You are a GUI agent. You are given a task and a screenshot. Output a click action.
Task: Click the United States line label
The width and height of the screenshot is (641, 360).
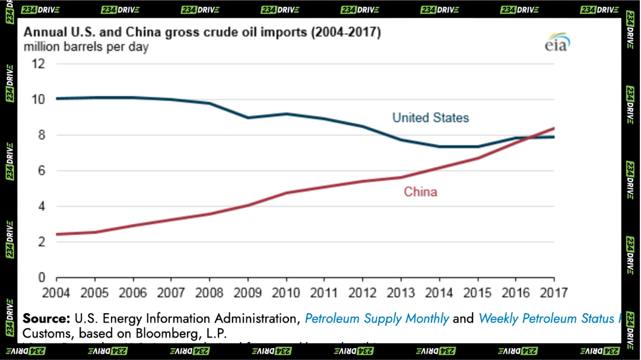point(430,117)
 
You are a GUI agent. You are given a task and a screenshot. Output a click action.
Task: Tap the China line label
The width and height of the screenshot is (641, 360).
point(420,192)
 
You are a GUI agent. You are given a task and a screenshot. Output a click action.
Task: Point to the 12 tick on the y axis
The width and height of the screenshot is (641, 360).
point(38,63)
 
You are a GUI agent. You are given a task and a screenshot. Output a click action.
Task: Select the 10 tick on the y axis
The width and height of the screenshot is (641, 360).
point(38,99)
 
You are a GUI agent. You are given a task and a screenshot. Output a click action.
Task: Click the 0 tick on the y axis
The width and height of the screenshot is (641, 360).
point(42,278)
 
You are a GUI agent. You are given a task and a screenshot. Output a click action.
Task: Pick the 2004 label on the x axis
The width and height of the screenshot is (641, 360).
point(56,292)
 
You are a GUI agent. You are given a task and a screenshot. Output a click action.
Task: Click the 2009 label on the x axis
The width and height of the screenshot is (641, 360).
point(247,292)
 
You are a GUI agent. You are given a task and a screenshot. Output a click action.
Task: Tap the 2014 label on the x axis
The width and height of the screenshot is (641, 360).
point(439,292)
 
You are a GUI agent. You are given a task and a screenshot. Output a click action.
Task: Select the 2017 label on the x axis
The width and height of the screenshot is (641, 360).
point(553,292)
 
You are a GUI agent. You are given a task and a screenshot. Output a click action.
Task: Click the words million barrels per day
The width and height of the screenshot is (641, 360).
point(86,47)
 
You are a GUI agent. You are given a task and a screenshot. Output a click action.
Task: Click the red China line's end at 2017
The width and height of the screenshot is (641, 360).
point(554,128)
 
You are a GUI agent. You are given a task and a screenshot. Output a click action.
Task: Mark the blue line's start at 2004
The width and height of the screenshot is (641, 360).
point(56,98)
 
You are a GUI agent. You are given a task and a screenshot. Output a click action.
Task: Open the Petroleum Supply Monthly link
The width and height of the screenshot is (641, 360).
point(377,318)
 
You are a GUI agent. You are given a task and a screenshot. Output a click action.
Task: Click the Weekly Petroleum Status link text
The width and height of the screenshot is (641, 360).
point(546,318)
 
